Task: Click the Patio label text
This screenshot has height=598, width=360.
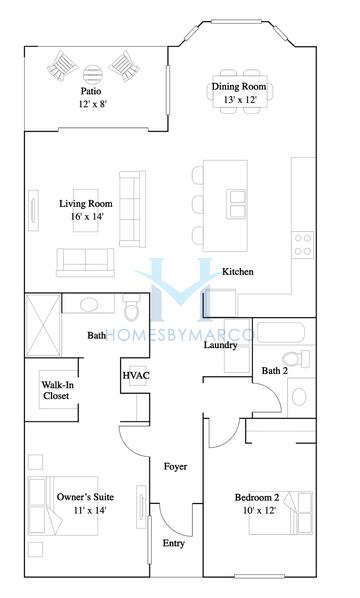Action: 92,90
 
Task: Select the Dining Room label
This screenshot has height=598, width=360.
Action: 237,87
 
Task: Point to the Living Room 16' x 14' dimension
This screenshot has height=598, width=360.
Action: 85,217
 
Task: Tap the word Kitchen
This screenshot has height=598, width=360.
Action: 237,271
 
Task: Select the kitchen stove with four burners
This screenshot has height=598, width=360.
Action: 302,243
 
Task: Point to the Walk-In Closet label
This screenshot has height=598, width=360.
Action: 55,389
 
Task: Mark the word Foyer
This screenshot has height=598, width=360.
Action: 176,467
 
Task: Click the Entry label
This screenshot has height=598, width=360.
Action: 173,544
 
